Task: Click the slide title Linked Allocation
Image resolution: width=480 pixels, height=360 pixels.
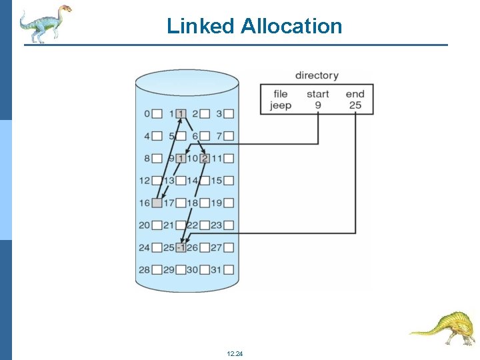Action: pos(254,26)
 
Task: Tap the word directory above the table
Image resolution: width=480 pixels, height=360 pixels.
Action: pos(317,76)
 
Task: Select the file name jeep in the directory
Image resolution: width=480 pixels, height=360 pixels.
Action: pos(281,105)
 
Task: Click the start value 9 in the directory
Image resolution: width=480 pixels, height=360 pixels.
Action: pos(317,105)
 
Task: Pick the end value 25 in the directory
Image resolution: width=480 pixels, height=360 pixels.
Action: pos(355,105)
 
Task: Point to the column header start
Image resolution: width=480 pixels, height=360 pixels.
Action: pos(317,94)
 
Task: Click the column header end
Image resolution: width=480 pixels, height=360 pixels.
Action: pos(355,94)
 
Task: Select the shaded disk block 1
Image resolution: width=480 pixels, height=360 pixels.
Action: pos(181,114)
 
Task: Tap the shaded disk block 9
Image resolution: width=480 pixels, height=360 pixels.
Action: pos(181,159)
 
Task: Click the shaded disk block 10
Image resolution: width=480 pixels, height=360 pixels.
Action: pos(205,159)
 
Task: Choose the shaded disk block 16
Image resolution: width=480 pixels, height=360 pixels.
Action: pos(157,203)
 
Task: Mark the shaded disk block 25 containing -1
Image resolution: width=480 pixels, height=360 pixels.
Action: pos(181,247)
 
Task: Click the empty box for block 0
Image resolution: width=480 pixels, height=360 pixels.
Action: pos(157,114)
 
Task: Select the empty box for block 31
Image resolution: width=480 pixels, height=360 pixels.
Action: pos(229,270)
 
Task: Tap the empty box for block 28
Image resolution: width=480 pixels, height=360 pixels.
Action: pos(157,270)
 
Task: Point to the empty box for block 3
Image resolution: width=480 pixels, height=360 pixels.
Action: pos(229,114)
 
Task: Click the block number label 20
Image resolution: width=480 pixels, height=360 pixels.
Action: pos(144,225)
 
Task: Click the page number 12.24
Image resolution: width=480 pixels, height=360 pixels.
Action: pos(235,353)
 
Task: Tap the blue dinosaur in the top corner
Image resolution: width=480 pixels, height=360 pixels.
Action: pos(43,23)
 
